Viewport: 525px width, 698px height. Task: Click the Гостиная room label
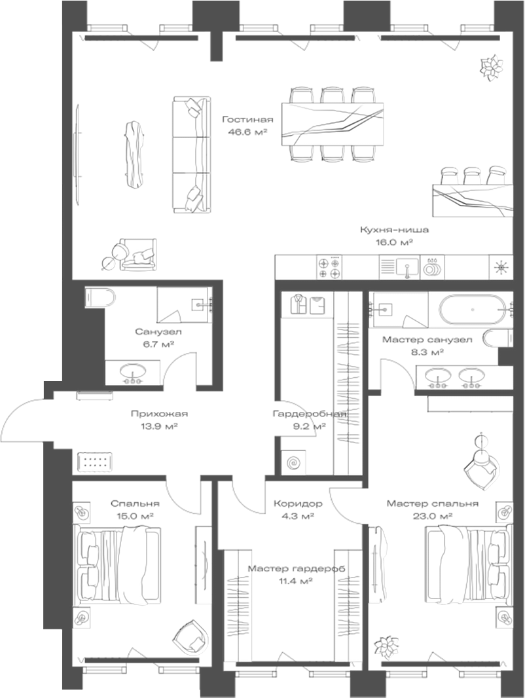(247, 120)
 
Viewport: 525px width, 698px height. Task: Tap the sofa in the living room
(192, 155)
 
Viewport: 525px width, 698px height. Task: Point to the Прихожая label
(159, 414)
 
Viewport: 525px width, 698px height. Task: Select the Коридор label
(298, 504)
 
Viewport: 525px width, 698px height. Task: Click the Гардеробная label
(309, 414)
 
